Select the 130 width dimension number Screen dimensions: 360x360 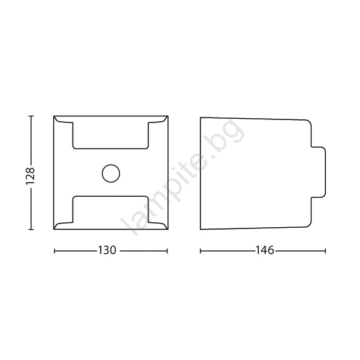pos(107,250)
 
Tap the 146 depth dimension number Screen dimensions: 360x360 pos(265,250)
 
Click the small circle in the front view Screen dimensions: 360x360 pos(111,174)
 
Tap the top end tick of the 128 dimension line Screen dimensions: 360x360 pos(31,116)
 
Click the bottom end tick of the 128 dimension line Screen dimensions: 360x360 pos(31,229)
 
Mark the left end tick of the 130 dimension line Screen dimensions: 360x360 pos(54,251)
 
